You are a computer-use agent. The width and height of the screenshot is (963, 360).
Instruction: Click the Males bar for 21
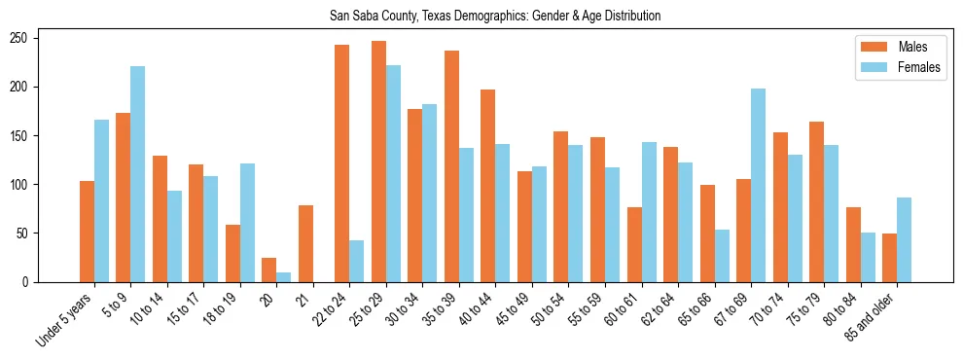pyautogui.click(x=305, y=243)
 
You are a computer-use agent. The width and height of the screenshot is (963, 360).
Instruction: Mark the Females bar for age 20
pyautogui.click(x=284, y=277)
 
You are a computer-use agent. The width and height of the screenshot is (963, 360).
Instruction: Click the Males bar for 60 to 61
pyautogui.click(x=634, y=244)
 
